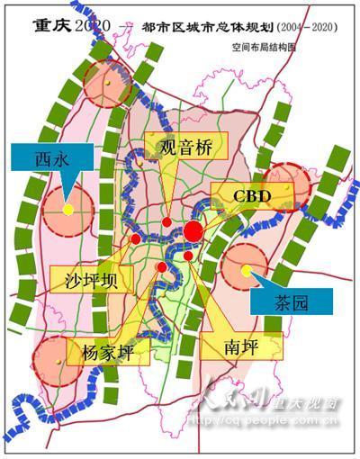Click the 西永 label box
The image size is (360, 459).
(39, 159)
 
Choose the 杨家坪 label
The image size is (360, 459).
(107, 351)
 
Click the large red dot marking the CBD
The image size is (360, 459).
(193, 232)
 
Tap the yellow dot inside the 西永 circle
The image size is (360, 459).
(68, 210)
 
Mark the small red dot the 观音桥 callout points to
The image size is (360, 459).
(166, 222)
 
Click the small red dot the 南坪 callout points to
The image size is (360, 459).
(188, 256)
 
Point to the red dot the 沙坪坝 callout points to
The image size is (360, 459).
(135, 238)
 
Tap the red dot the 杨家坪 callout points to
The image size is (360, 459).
(161, 267)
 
